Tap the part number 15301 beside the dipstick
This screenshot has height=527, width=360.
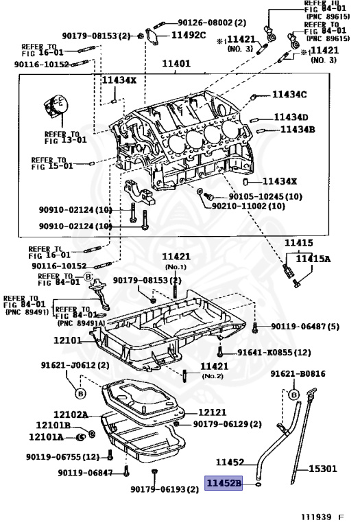coord(324,469)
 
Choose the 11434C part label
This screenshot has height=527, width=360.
coord(289,94)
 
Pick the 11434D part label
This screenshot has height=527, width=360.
coord(291,117)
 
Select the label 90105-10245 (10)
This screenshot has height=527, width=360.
coord(265,196)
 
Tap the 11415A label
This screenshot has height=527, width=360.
coord(313,259)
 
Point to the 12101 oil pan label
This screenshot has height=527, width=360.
coord(68,340)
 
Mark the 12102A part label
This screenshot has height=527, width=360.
coord(71,414)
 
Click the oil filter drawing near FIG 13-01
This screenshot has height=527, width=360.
coord(56,108)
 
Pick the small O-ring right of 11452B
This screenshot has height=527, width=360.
coord(256,484)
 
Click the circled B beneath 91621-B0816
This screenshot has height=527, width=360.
coord(294,395)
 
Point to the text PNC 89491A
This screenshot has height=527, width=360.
coord(81,323)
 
